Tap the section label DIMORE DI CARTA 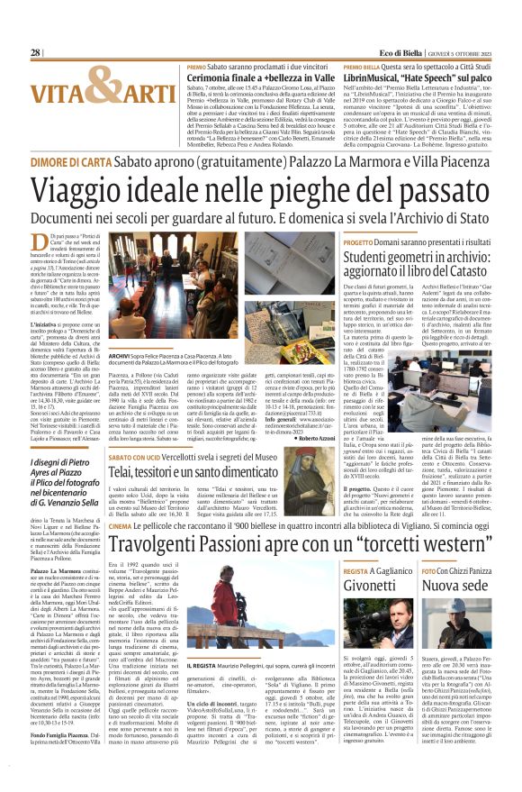tap(68, 158)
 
